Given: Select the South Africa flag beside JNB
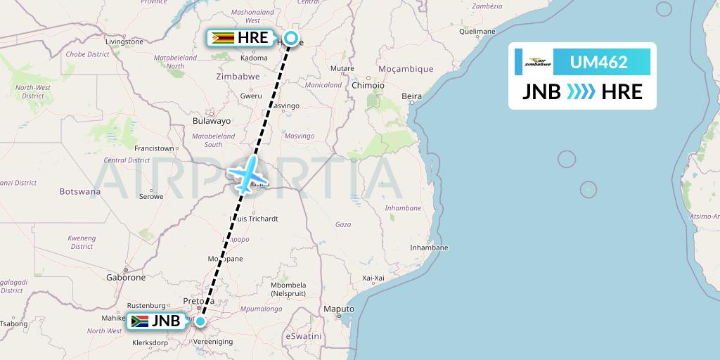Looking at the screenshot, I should (x=140, y=322).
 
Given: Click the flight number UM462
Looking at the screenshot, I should (x=598, y=63).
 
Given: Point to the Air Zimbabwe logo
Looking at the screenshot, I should (x=538, y=63).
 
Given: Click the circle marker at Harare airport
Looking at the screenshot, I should (x=290, y=39).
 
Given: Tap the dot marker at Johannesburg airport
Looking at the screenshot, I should (x=200, y=322).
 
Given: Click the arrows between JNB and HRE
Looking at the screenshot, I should (x=581, y=91).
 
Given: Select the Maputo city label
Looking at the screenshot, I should (x=338, y=309).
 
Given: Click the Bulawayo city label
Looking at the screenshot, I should (x=211, y=121).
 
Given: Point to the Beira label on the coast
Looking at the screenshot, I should (x=411, y=96).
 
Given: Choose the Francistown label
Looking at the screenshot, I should (x=154, y=148).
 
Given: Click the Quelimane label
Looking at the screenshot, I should (x=477, y=32).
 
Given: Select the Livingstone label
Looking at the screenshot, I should (x=124, y=41).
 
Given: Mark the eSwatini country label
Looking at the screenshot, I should (x=304, y=337).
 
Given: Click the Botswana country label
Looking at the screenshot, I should (x=79, y=191).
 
